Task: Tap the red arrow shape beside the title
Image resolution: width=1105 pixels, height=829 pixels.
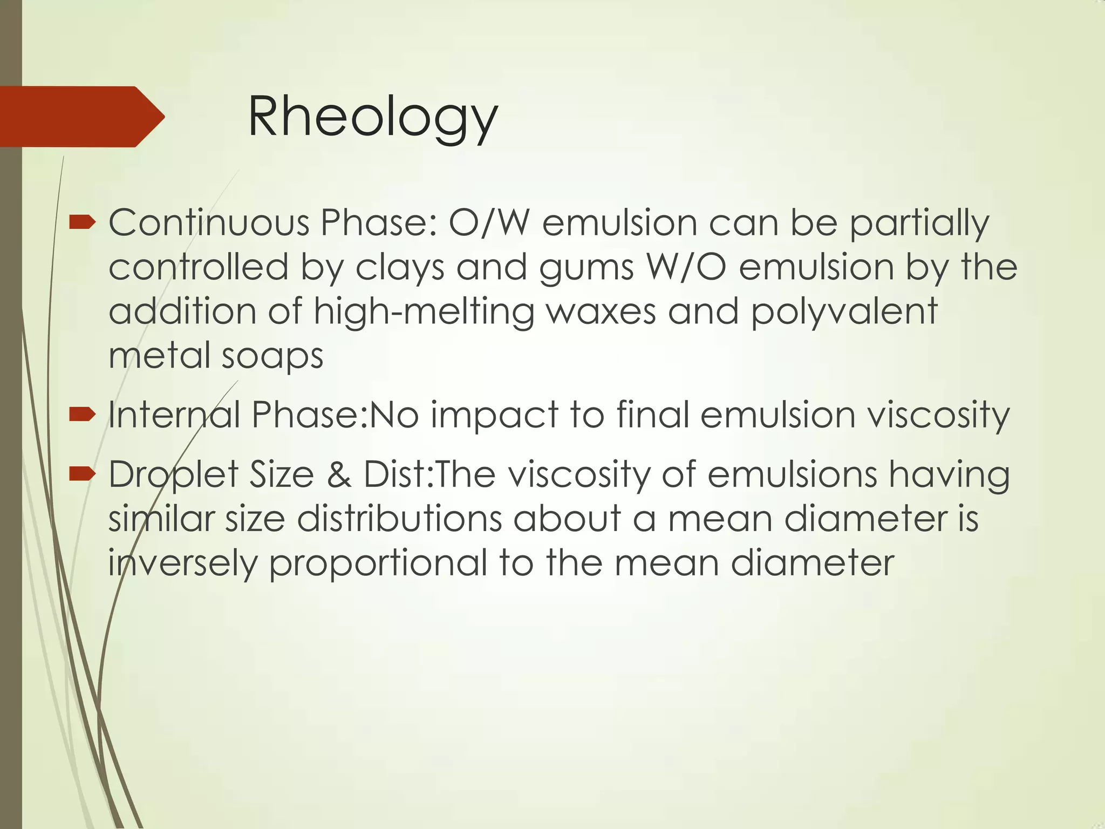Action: click(81, 117)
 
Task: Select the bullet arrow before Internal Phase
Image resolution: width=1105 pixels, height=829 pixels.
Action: click(83, 414)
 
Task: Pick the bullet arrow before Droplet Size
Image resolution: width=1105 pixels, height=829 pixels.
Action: click(83, 474)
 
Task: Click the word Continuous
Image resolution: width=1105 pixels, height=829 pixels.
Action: click(209, 223)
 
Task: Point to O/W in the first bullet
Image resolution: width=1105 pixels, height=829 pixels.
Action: click(489, 223)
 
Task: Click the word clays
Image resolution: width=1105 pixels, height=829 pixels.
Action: click(400, 268)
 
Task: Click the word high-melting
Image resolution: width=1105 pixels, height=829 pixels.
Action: click(424, 312)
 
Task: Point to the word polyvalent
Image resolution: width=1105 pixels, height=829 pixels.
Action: click(844, 312)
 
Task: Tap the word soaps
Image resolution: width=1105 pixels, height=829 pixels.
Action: click(272, 357)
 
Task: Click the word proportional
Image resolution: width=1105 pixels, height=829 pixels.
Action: click(378, 563)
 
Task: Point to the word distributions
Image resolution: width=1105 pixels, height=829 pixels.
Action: click(399, 519)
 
